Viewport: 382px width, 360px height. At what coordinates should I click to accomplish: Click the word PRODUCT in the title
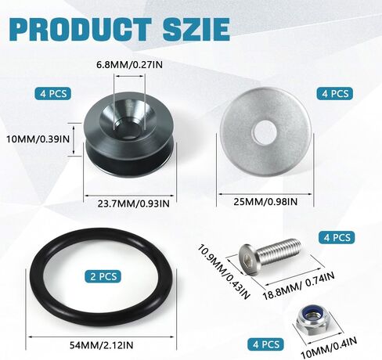[81, 29]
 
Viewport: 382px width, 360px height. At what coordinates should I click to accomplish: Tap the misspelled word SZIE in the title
[196, 29]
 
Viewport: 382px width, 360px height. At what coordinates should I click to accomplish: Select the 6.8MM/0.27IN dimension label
[129, 64]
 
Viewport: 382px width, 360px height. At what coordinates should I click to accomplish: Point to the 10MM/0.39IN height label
[38, 139]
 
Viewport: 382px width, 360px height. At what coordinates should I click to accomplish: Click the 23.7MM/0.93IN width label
[133, 203]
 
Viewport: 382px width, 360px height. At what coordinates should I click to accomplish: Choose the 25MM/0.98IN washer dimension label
[265, 202]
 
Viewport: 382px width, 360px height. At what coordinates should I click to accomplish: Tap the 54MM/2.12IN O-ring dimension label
[101, 345]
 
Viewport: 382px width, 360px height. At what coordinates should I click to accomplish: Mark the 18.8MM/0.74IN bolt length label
[298, 286]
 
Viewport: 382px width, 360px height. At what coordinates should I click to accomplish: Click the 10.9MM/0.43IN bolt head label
[224, 272]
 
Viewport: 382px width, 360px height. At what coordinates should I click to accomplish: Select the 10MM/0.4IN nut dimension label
[329, 347]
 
